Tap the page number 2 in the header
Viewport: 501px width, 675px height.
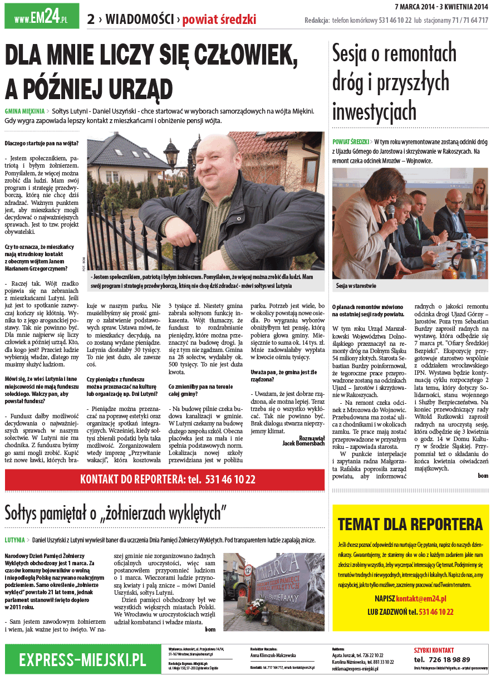point(91,19)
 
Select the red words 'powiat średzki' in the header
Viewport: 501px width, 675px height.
point(219,20)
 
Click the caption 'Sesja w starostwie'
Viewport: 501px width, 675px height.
point(356,286)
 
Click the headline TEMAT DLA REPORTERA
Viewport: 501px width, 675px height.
point(410,524)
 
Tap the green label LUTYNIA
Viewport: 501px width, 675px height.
point(14,540)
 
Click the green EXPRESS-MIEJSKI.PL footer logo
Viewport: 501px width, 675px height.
point(82,660)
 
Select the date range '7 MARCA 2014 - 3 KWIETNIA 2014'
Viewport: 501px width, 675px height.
point(441,7)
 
